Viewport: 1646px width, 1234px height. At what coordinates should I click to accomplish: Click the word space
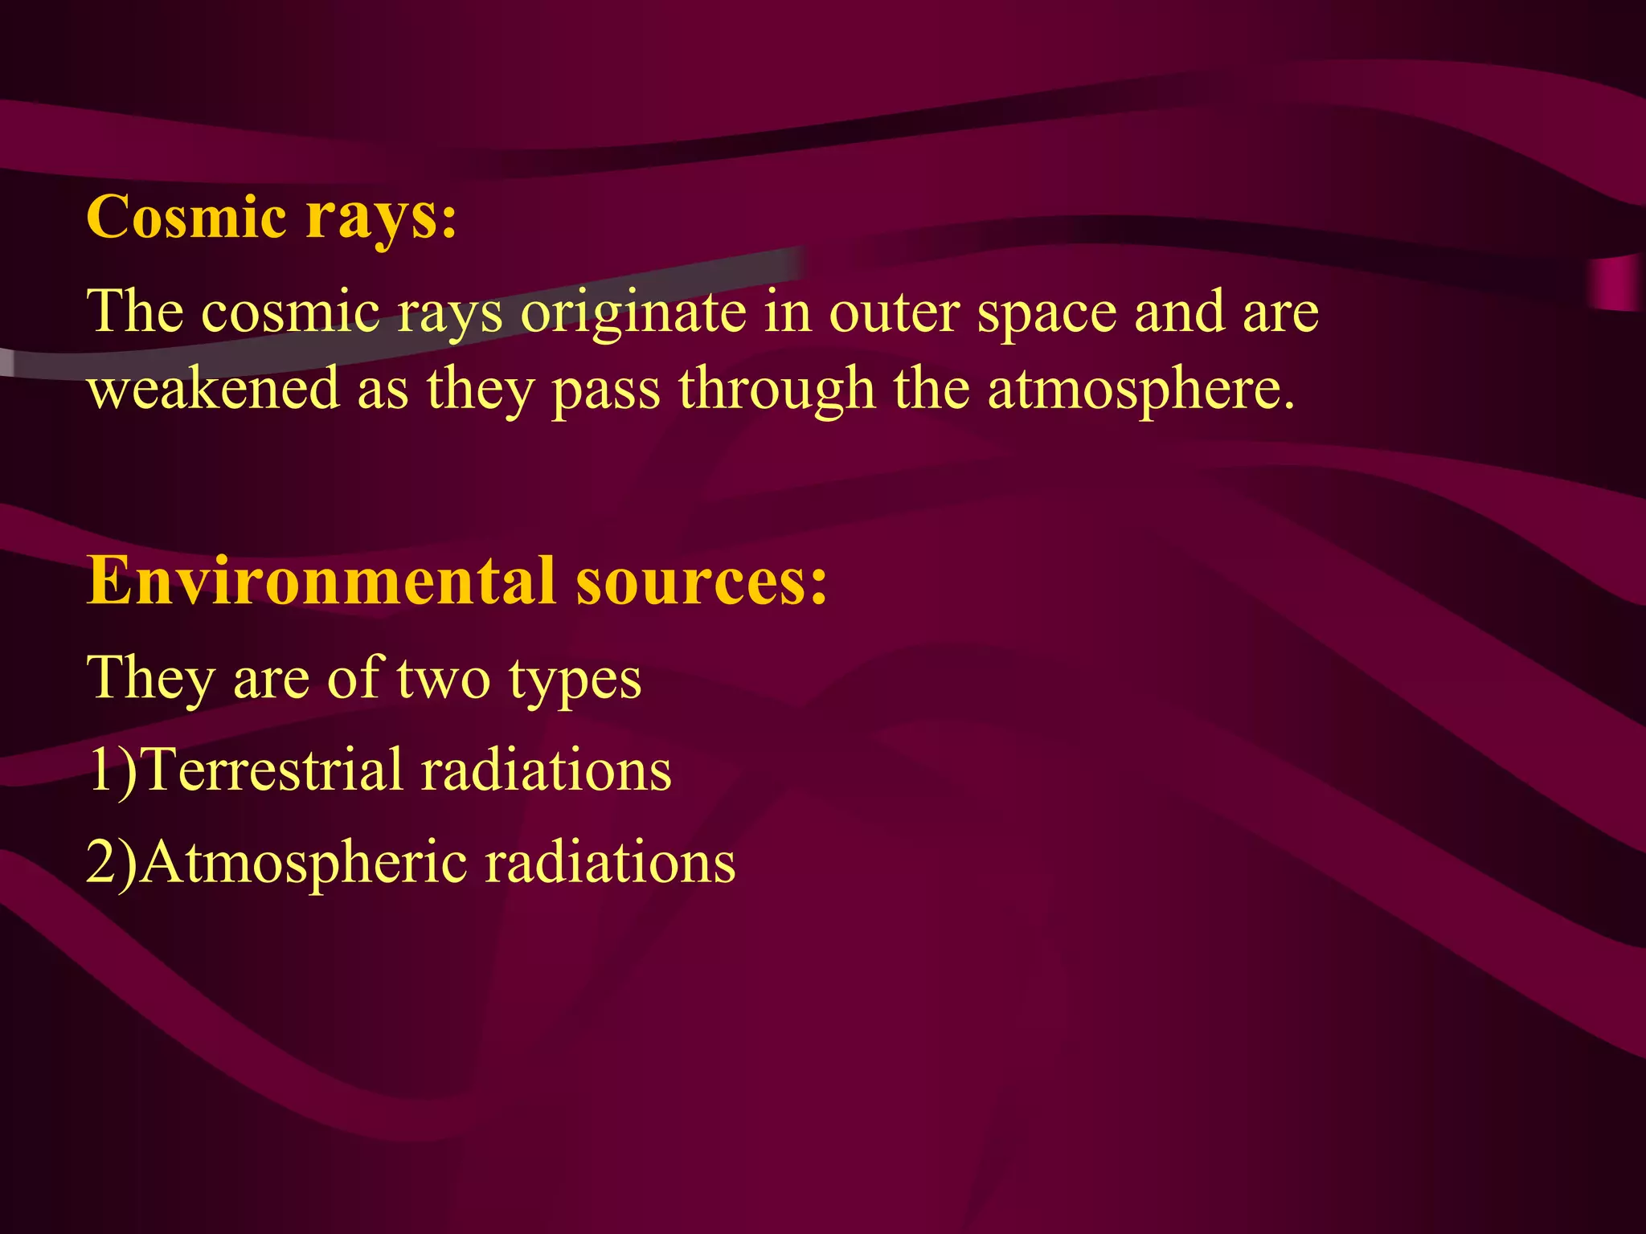click(x=1046, y=313)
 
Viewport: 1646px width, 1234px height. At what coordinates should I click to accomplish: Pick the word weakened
click(x=213, y=389)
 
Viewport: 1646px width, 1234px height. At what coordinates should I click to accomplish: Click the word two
click(x=443, y=679)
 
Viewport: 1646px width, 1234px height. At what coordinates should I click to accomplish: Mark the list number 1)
click(x=112, y=770)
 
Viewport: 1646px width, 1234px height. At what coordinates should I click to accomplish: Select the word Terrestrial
click(x=271, y=770)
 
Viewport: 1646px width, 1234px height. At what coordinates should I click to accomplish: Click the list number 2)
click(x=112, y=862)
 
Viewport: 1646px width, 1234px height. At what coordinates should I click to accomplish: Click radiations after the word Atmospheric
click(x=610, y=862)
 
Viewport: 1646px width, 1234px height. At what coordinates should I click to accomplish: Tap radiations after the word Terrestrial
click(x=546, y=770)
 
